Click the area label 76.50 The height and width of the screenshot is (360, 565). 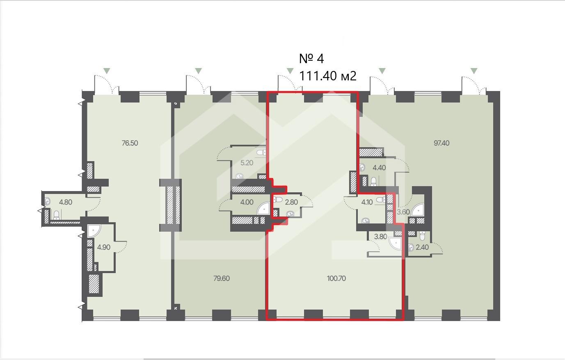[130, 143]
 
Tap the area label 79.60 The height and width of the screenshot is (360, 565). [222, 278]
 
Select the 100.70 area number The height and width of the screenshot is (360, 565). [336, 278]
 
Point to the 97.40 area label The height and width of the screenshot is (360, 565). [441, 143]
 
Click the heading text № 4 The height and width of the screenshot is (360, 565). [311, 59]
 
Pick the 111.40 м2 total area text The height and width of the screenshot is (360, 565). [328, 75]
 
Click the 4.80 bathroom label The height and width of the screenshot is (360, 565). [66, 202]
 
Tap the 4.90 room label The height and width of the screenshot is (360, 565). [104, 247]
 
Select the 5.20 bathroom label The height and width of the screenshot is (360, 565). [247, 163]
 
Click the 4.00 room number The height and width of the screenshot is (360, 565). [247, 202]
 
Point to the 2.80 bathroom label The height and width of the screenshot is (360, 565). [291, 202]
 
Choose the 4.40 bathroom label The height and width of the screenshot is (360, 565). [379, 168]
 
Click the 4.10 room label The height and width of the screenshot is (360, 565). [367, 202]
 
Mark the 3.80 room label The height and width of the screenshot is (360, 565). [380, 237]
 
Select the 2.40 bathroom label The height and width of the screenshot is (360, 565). [422, 247]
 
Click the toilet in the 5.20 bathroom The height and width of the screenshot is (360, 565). [261, 152]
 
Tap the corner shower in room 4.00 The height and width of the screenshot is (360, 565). [263, 208]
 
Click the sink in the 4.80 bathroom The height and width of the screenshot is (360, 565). [48, 201]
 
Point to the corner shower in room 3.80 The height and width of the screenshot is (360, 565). [395, 243]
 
